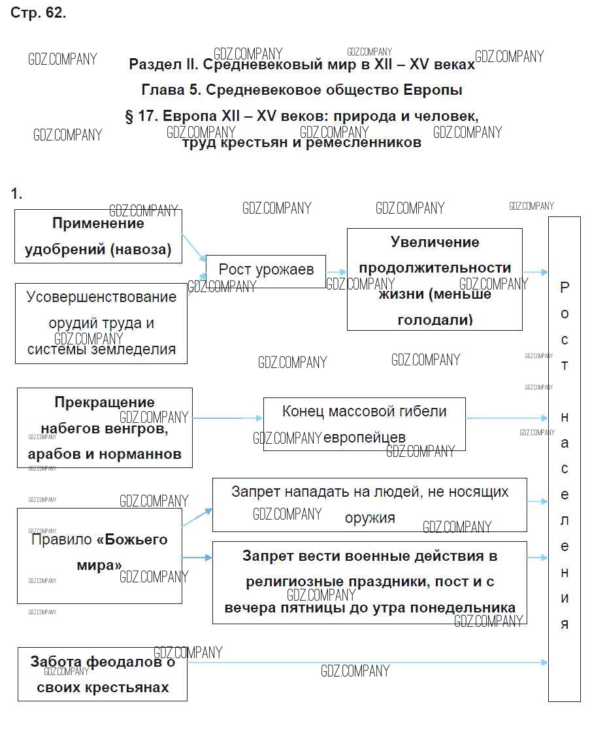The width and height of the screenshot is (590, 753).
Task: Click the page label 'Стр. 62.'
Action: (38, 14)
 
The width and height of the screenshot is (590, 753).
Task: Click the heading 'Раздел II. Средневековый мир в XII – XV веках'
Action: (302, 65)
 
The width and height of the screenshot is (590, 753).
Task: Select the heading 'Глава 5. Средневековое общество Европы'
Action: (302, 90)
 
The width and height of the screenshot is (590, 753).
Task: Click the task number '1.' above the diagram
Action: (16, 193)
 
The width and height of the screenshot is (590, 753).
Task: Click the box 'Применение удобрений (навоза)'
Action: (98, 237)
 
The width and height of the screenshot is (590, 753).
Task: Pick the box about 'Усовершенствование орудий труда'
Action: (101, 324)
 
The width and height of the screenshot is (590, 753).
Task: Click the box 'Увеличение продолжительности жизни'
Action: (434, 280)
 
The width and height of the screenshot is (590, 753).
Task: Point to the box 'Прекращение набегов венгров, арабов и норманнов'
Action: (105, 427)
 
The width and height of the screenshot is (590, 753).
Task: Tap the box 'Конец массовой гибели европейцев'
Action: (364, 424)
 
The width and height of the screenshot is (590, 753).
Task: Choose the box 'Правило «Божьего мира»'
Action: (99, 552)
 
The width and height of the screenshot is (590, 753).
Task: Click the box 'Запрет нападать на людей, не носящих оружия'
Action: (369, 504)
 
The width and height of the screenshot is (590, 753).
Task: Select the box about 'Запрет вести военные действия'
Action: (369, 582)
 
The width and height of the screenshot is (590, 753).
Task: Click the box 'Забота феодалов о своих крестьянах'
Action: (103, 674)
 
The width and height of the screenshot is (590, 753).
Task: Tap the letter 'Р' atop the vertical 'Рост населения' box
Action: (565, 287)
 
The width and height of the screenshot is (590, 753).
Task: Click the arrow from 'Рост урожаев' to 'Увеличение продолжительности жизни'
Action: (336, 272)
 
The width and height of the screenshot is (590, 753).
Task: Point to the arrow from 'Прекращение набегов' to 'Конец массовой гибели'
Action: (227, 418)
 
